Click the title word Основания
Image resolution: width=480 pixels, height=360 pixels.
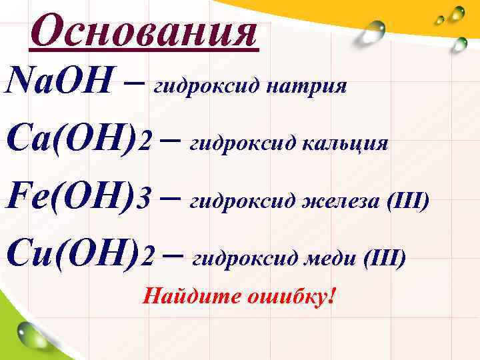(143, 32)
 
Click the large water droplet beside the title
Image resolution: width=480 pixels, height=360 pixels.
(374, 31)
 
